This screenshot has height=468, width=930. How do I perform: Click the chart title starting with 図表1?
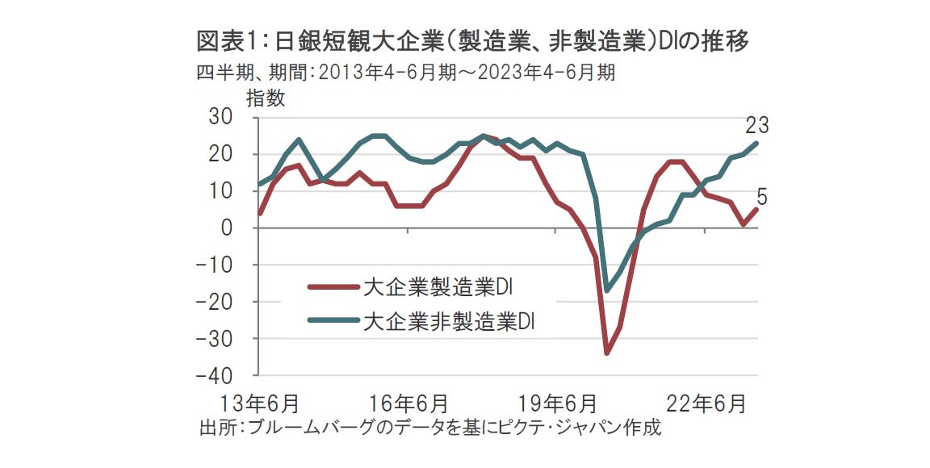click(x=473, y=42)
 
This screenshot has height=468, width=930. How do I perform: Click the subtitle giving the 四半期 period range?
click(x=406, y=73)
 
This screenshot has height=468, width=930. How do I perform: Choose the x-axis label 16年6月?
click(x=408, y=402)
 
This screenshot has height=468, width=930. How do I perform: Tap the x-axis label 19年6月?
click(x=557, y=402)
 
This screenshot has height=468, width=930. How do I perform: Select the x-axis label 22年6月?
click(x=706, y=402)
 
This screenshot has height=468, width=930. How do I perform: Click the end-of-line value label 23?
click(x=756, y=125)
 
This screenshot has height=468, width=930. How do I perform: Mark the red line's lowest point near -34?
click(x=607, y=353)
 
